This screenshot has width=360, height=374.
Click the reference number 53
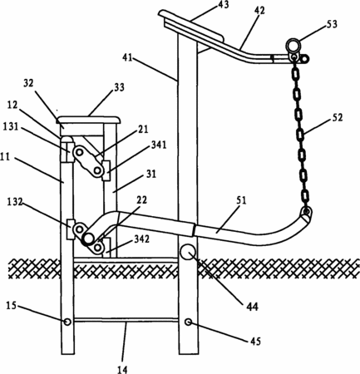[331, 24]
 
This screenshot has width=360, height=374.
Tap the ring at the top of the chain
[293, 45]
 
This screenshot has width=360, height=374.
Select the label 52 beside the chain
[337, 117]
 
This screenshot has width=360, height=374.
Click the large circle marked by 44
[188, 252]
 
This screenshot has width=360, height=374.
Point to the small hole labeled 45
[189, 322]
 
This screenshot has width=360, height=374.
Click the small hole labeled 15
[67, 322]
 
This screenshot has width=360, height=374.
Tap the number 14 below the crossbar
[122, 369]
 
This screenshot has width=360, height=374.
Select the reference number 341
[158, 145]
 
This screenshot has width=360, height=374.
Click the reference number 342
[141, 239]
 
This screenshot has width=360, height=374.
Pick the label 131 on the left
[10, 126]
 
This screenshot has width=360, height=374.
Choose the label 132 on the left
[14, 202]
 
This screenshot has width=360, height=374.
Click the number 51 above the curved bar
[241, 200]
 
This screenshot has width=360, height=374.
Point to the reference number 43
[223, 5]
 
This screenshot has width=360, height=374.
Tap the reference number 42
[259, 11]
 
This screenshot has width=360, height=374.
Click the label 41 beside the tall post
[128, 58]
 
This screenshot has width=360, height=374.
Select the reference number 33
[119, 87]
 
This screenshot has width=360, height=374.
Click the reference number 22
[141, 200]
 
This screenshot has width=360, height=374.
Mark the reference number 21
[143, 130]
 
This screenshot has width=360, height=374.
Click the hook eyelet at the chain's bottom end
[306, 212]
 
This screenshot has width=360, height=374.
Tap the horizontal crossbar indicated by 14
[126, 320]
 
